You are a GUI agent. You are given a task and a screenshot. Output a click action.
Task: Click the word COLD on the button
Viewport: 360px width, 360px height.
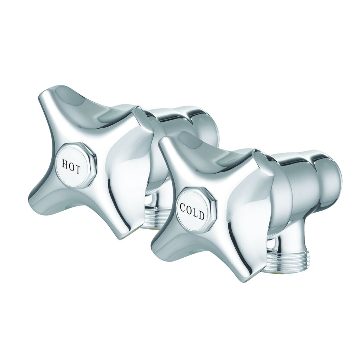(x=192, y=210)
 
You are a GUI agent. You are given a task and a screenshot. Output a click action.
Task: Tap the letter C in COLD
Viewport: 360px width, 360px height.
(x=183, y=207)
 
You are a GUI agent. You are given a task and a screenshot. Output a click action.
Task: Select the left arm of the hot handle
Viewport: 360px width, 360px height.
(x=39, y=197)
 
